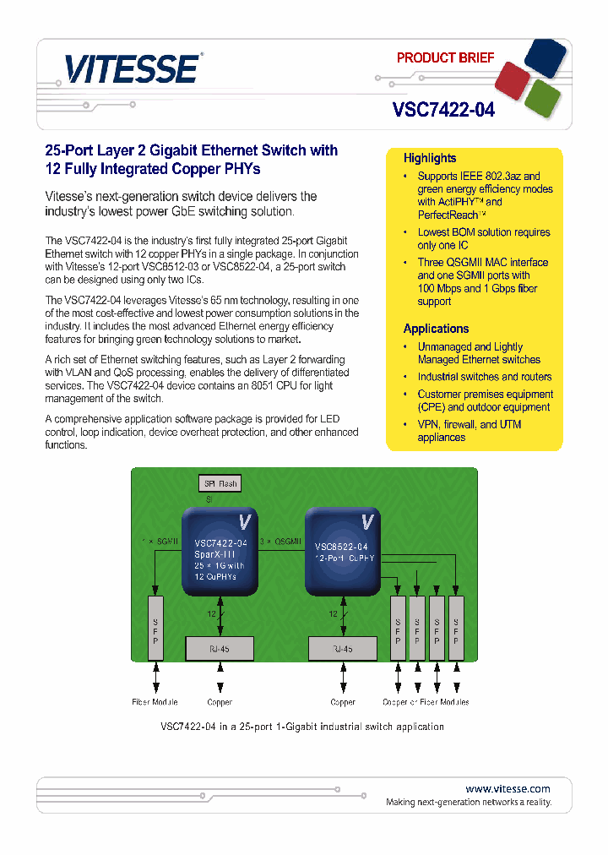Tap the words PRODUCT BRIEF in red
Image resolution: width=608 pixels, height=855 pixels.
coord(445,58)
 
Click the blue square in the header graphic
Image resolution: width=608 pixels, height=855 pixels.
coord(544,57)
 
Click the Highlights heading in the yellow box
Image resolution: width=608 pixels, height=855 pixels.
coord(429,158)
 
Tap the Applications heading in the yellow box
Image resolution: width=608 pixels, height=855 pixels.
coord(436,329)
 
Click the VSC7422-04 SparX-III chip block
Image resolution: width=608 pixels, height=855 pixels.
coord(220,552)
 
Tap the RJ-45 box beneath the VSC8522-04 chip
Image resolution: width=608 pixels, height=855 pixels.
coord(343,649)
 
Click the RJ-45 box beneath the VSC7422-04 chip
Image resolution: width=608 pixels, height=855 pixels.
coord(220,649)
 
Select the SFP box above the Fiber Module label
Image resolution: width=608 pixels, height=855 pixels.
coord(155,628)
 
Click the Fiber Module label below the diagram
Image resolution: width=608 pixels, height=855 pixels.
coord(155,702)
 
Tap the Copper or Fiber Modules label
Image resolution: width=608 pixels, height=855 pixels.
coord(426,702)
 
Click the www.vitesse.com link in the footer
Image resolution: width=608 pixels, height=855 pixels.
coord(508,788)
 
